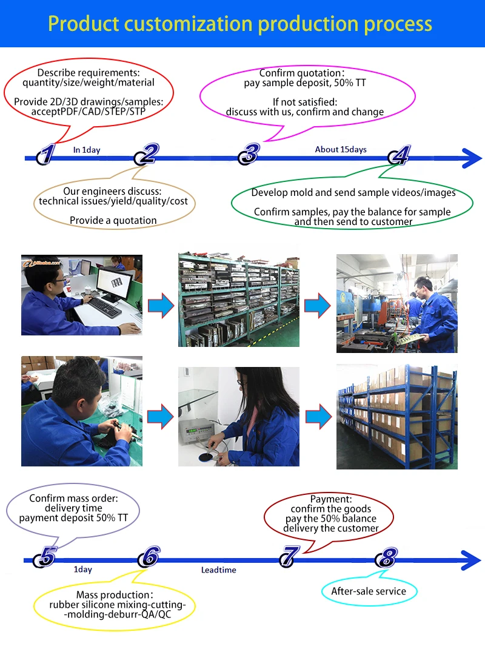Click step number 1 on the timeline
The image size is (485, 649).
(x=47, y=154)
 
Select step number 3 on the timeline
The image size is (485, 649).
(x=249, y=154)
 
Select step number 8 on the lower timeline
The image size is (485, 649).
(x=387, y=557)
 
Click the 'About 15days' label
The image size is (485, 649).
(x=341, y=149)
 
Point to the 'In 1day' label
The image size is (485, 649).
(x=87, y=150)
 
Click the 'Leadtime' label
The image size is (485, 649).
(x=219, y=570)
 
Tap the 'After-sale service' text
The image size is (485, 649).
(x=369, y=591)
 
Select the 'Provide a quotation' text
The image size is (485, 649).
(x=113, y=221)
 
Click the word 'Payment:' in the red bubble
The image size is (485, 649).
(x=332, y=499)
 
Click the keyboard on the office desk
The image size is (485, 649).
(x=104, y=308)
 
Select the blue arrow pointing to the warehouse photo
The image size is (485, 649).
(x=318, y=417)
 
